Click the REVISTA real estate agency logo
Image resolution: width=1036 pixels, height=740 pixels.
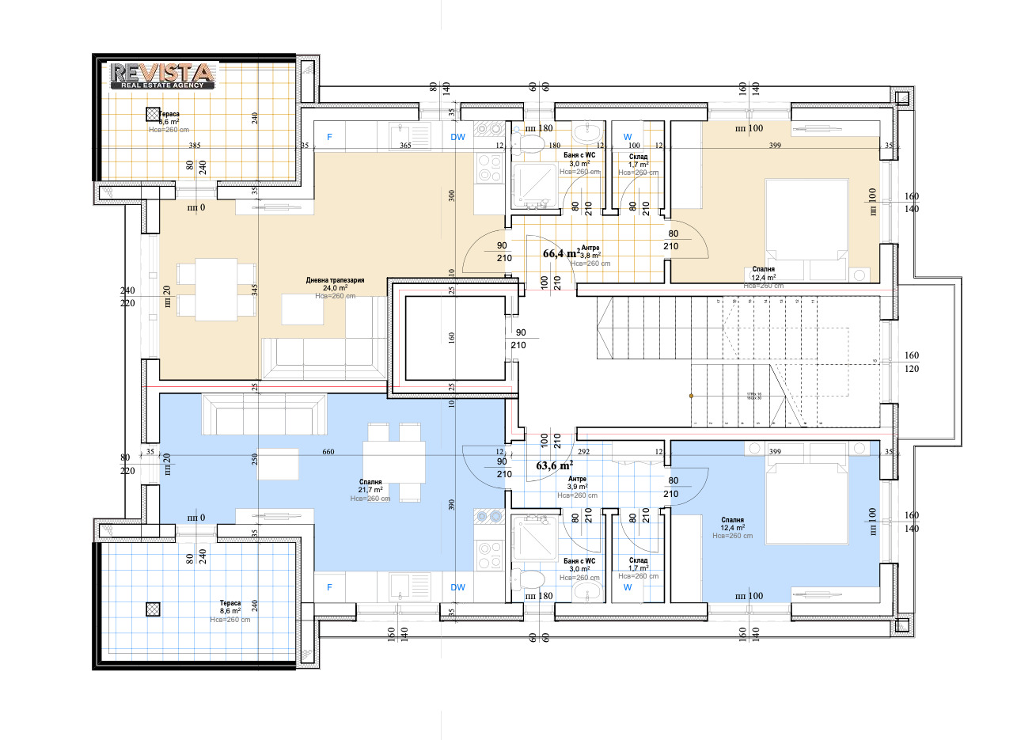pos(162,74)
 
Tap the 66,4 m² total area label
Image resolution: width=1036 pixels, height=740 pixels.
pos(561,254)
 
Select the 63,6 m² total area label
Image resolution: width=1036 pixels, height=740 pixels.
pos(555,465)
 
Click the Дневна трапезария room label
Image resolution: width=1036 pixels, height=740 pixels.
pos(335,281)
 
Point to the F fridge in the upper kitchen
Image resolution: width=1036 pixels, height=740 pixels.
pos(330,137)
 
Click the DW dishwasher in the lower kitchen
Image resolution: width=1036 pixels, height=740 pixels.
pos(457,587)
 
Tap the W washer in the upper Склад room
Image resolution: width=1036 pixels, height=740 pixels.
pos(628,137)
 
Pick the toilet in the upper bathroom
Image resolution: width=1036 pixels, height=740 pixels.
pos(529,143)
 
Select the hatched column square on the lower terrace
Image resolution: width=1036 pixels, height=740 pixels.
pos(153,609)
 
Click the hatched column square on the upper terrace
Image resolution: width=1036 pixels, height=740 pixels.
pos(153,113)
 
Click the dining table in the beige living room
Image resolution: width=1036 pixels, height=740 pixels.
pos(216,290)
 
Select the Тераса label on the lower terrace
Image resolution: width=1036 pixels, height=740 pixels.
pos(230,603)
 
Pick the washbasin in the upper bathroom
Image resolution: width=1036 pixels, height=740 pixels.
pos(586,131)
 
